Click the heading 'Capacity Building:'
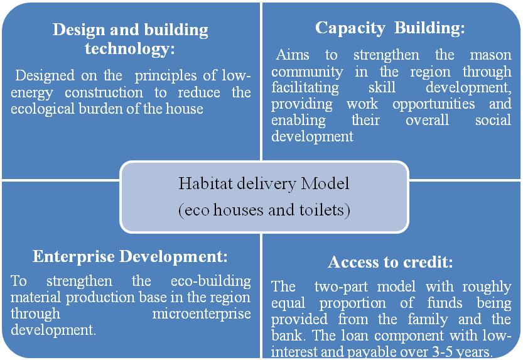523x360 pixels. click(x=390, y=28)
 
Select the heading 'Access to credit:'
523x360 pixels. click(x=391, y=262)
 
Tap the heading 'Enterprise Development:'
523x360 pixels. click(x=130, y=257)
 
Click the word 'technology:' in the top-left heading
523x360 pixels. click(x=130, y=49)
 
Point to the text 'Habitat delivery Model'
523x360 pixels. click(x=264, y=183)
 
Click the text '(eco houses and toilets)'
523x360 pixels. click(x=264, y=210)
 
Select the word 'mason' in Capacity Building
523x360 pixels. click(x=490, y=55)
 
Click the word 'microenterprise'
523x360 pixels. click(x=202, y=314)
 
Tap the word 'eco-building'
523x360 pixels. click(x=211, y=281)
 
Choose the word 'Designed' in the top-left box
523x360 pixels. click(x=45, y=76)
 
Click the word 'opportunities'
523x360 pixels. click(x=434, y=104)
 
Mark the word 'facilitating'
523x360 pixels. click(x=305, y=88)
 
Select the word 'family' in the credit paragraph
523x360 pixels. click(x=428, y=320)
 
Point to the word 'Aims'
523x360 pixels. click(x=293, y=55)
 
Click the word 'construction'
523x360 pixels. click(x=104, y=93)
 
